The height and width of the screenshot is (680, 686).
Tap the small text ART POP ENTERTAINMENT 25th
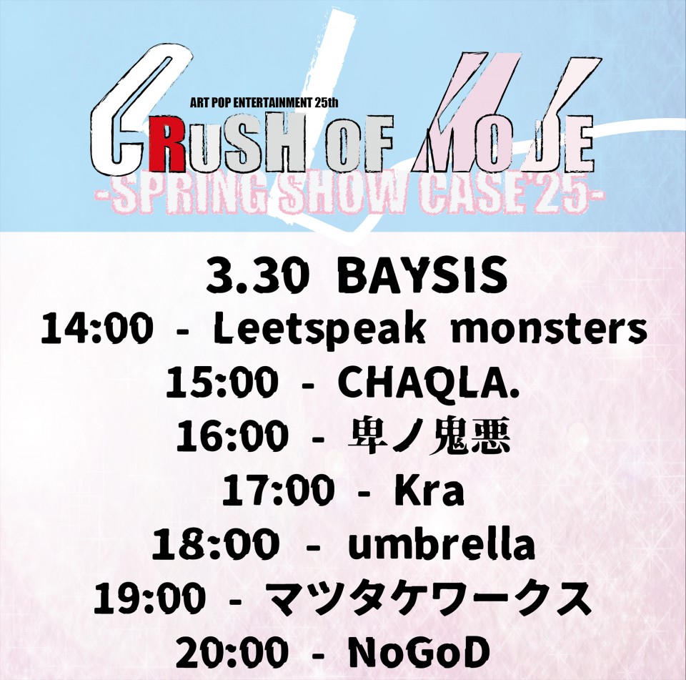264,104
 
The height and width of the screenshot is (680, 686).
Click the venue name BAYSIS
422,276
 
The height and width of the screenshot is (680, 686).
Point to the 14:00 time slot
96,328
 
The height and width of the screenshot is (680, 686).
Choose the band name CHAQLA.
428,382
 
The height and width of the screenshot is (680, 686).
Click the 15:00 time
222,383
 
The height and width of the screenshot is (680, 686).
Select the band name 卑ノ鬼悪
429,436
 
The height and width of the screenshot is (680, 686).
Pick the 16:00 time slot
232,436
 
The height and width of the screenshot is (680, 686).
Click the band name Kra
429,490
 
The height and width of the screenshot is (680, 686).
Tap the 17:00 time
278,490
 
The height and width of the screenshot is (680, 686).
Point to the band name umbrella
441,544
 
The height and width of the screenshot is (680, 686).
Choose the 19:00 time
149,598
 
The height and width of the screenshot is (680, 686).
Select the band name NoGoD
418,652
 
